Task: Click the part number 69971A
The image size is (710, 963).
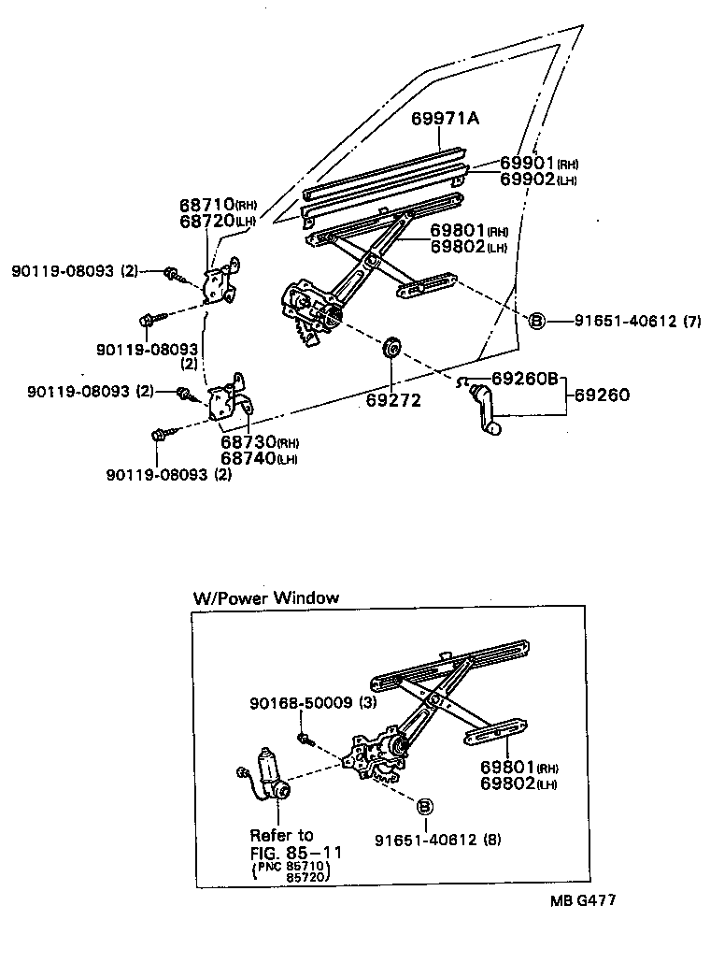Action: pyautogui.click(x=446, y=119)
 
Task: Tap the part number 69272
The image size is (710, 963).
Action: pyautogui.click(x=392, y=400)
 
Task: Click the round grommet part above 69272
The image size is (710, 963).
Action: pyautogui.click(x=392, y=348)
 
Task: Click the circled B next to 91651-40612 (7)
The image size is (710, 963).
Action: pyautogui.click(x=537, y=321)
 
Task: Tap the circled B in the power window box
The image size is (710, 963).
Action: pyautogui.click(x=423, y=806)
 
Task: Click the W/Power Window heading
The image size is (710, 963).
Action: pyautogui.click(x=265, y=597)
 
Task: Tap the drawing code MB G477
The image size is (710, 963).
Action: pyautogui.click(x=582, y=901)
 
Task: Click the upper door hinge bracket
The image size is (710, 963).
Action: pyautogui.click(x=220, y=281)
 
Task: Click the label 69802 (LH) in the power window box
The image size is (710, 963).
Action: pyautogui.click(x=518, y=783)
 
